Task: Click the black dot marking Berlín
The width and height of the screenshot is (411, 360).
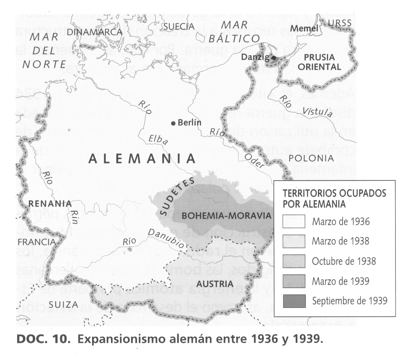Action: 173,123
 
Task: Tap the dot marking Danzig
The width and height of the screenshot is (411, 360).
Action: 274,58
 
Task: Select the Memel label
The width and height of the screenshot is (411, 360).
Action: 304,28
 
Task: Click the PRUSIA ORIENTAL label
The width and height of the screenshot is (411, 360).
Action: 319,62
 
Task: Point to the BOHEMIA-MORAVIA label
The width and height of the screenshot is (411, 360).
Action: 227,215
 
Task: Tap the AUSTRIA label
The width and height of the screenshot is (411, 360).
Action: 215,284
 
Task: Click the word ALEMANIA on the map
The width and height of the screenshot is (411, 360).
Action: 142,159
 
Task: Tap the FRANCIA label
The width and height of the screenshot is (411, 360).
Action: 36,242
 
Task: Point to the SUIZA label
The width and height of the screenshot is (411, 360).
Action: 63,305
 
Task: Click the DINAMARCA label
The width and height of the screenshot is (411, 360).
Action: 94,32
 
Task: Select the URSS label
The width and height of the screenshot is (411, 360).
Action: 340,23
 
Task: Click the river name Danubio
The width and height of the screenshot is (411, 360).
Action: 166,238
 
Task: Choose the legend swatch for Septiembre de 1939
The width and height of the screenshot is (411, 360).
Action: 294,301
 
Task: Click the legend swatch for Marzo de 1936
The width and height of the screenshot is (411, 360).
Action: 294,222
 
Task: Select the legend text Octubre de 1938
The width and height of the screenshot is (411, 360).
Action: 344,261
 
